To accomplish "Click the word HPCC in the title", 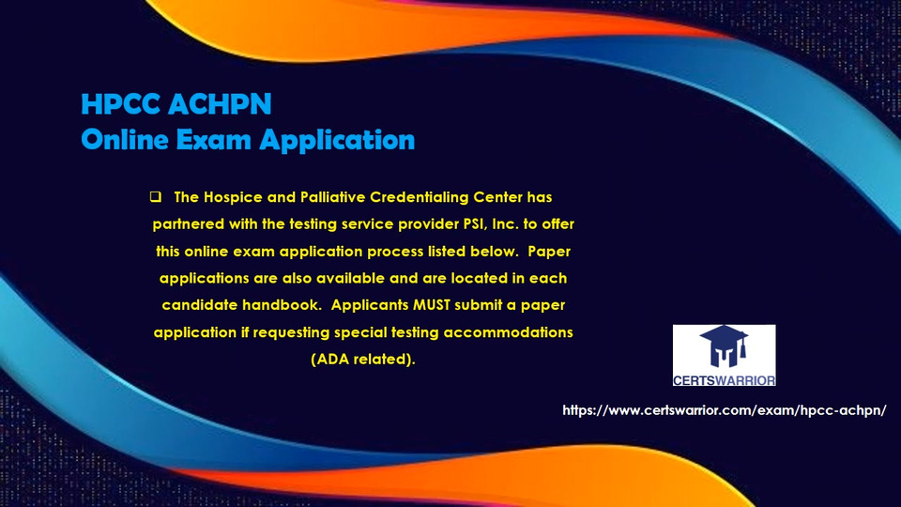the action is click(121, 104).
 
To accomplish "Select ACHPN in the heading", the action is click(220, 104).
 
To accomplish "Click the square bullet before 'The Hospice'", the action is click(155, 196).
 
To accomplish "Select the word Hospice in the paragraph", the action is click(234, 198).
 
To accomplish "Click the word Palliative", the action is click(332, 197).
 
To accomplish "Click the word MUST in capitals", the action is click(432, 304).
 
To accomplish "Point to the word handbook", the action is click(282, 304).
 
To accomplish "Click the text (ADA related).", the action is click(363, 360).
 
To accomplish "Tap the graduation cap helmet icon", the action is click(724, 346).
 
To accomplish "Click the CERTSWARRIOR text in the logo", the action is click(724, 380).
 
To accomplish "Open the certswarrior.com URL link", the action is click(724, 410).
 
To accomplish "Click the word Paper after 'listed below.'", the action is click(549, 252).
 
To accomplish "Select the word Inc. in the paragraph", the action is click(506, 224).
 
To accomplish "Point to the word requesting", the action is click(291, 332).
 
